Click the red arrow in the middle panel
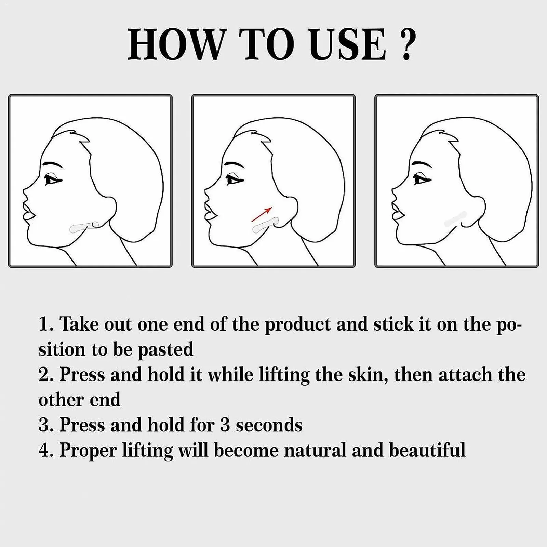tap(262, 214)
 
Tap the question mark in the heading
tap(406, 44)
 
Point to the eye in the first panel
tap(53, 180)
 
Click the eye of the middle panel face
tap(235, 180)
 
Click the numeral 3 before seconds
tap(225, 425)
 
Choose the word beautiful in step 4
tap(427, 450)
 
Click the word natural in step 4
tap(315, 450)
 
